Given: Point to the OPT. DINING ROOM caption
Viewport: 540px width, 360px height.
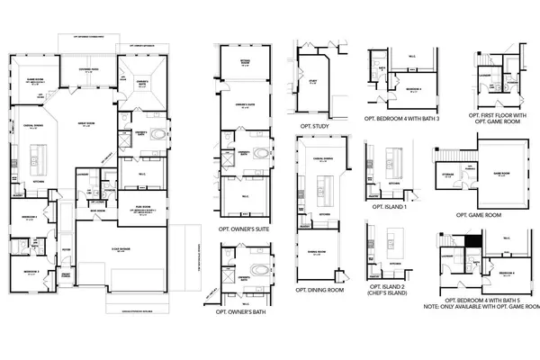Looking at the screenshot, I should [319, 291].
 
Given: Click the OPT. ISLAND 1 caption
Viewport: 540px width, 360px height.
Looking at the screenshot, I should [385, 207].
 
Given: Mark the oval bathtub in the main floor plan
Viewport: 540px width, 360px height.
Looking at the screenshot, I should [159, 136].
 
